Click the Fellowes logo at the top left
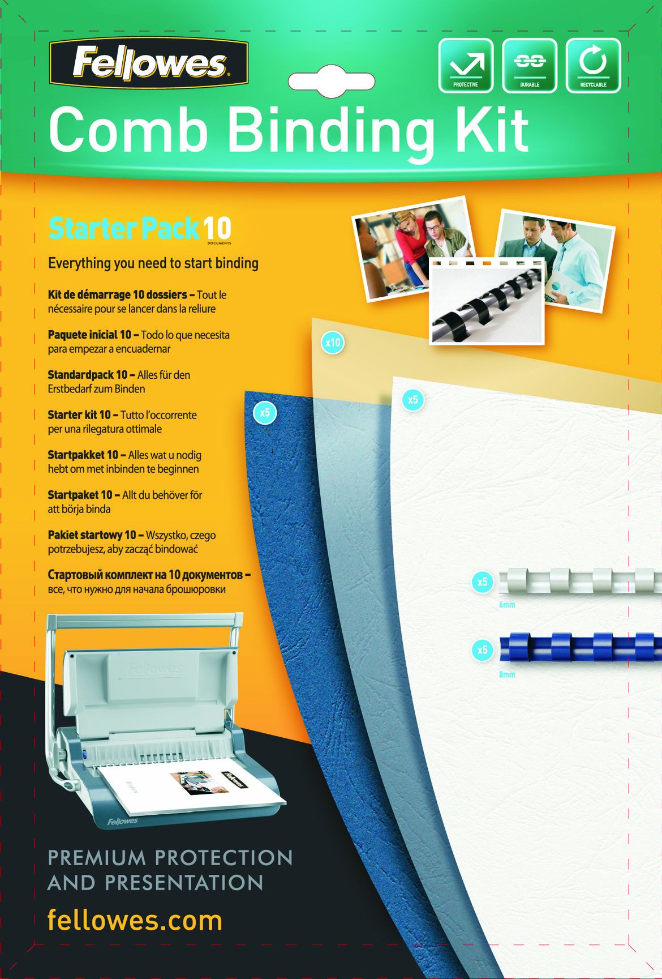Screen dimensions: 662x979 pyautogui.click(x=149, y=63)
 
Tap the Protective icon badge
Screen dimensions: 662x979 pyautogui.click(x=466, y=65)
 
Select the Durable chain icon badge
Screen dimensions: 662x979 pyautogui.click(x=530, y=65)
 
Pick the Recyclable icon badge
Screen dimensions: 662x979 pyautogui.click(x=594, y=65)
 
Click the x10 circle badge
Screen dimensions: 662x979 pyautogui.click(x=333, y=343)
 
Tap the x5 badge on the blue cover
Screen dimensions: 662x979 pyautogui.click(x=265, y=412)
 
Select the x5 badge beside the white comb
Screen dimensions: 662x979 pyautogui.click(x=482, y=582)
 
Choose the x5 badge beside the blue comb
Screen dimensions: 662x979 pyautogui.click(x=482, y=649)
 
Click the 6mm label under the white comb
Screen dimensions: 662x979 pyautogui.click(x=507, y=605)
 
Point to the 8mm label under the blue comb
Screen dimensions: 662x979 pyautogui.click(x=507, y=675)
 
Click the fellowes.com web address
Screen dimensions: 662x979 pyautogui.click(x=135, y=920)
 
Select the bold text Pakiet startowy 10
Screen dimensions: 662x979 pyautogui.click(x=92, y=535)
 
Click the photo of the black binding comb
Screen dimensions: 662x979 pyautogui.click(x=487, y=302)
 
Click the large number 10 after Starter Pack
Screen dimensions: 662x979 pyautogui.click(x=217, y=229)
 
